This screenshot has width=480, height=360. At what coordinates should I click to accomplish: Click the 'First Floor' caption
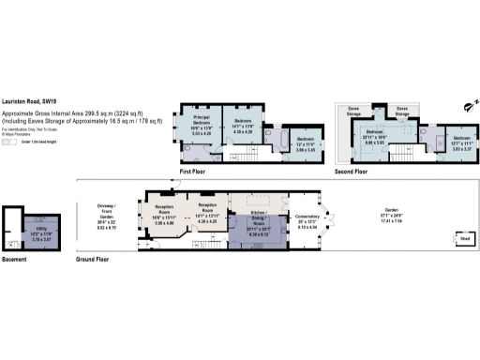click(x=193, y=172)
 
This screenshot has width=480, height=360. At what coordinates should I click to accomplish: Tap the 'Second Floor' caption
click(x=351, y=172)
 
